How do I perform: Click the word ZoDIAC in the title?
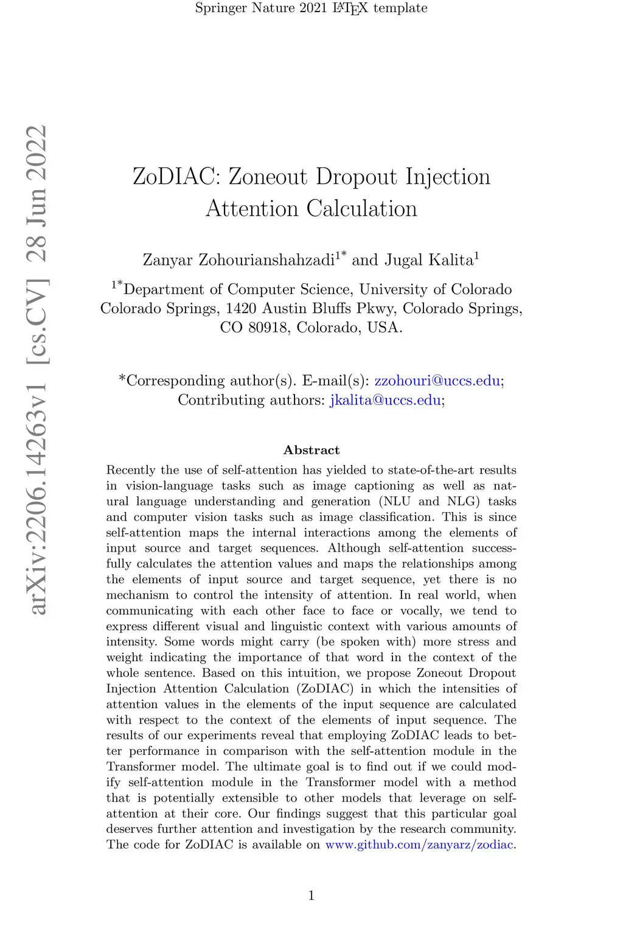(176, 177)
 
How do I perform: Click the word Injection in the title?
(448, 177)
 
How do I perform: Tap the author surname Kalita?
(451, 260)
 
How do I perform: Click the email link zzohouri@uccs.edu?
(437, 381)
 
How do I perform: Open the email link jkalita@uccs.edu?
(385, 400)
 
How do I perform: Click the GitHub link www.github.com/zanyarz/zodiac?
(420, 845)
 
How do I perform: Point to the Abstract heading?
(311, 450)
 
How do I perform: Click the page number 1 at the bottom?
(311, 895)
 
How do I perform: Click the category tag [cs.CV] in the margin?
(38, 321)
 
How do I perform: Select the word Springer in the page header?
(220, 8)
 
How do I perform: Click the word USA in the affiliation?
(383, 328)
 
